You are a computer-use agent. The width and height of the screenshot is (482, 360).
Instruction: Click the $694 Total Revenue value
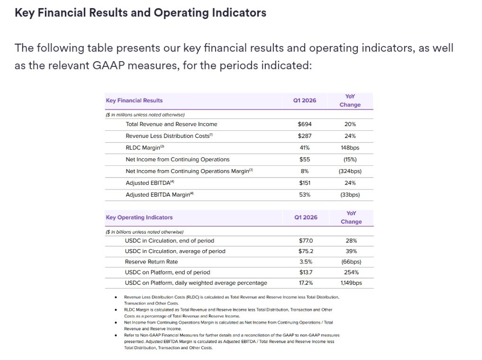(305, 124)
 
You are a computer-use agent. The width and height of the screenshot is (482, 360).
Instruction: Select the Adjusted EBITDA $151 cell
(305, 183)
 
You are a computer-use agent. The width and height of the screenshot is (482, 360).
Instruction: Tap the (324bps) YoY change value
(350, 171)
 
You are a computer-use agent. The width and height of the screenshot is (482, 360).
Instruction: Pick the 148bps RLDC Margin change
(350, 148)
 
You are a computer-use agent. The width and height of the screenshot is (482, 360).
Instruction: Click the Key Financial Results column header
(134, 100)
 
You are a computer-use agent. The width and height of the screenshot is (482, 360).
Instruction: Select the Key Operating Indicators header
(139, 217)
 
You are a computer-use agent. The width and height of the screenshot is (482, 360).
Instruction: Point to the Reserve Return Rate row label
(151, 261)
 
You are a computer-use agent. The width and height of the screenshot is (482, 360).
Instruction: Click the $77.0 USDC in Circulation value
(306, 241)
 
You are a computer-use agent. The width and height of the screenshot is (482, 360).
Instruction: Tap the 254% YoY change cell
(351, 272)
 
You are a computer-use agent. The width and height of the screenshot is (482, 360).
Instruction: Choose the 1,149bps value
(351, 283)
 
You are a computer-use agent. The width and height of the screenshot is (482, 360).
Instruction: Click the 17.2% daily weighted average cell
(306, 283)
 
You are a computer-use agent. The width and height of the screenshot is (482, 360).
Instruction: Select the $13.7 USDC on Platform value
(306, 272)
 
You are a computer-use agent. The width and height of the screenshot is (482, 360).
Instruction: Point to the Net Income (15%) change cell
(350, 160)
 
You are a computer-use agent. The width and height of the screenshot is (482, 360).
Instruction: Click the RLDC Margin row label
(145, 148)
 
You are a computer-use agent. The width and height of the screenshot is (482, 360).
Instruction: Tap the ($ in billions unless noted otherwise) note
(145, 232)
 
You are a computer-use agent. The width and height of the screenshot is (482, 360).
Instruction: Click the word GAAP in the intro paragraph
(108, 65)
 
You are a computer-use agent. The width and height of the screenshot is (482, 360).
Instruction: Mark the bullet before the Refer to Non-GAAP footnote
(116, 335)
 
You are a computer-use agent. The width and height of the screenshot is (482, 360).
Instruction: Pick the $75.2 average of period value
(306, 251)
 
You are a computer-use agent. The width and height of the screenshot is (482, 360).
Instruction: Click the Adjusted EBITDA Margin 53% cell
(305, 195)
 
